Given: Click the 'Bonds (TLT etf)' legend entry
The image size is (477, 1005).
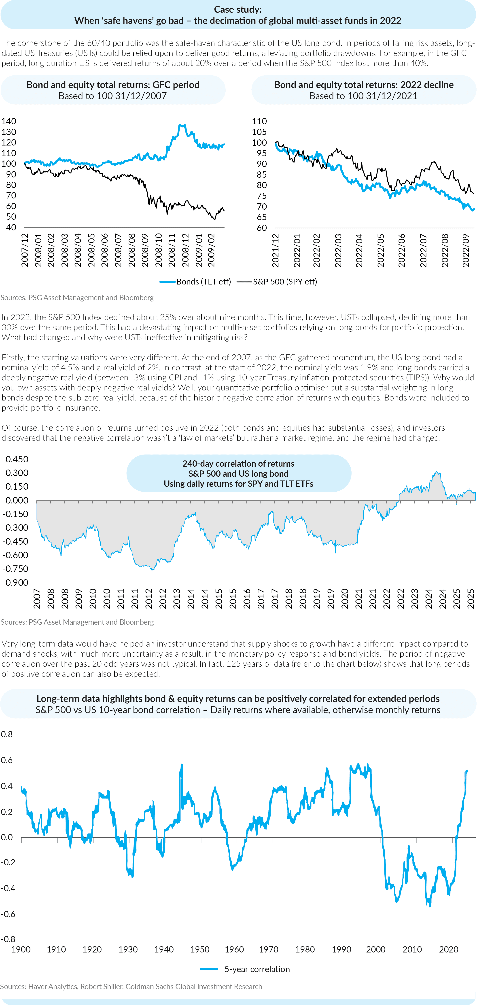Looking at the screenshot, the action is [x=195, y=282].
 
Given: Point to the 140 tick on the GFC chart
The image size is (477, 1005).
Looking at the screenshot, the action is [x=8, y=121].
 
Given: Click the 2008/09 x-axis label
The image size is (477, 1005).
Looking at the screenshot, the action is [x=145, y=250].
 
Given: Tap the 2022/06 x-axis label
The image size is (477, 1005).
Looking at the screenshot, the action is [x=402, y=250].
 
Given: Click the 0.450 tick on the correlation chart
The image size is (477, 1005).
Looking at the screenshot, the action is [x=17, y=459].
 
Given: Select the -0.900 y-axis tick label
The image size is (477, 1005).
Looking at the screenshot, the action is [x=15, y=582].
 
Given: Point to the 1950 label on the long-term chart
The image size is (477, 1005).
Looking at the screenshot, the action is [x=200, y=949].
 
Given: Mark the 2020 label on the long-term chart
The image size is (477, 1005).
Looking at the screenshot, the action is [x=449, y=949].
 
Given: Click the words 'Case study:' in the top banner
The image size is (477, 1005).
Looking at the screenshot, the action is [x=238, y=9].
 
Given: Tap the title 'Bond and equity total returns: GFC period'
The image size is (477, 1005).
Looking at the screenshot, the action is [x=113, y=85].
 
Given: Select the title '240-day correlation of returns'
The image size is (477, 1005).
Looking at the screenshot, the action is [x=238, y=464].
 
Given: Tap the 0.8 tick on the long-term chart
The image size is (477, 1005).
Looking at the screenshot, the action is [x=7, y=734].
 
